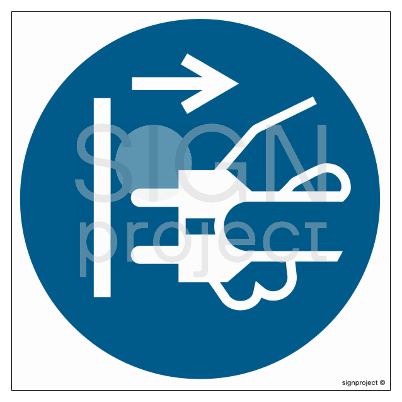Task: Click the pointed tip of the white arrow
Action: click(x=238, y=84)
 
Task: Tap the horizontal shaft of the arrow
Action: click(x=166, y=84)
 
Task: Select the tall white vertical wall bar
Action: click(x=102, y=197)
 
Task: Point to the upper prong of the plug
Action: click(x=155, y=198)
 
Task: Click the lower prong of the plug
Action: click(x=155, y=255)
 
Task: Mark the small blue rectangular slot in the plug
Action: click(x=200, y=226)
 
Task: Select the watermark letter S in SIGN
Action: click(x=103, y=163)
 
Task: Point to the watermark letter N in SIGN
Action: click(x=297, y=163)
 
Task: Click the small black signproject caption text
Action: click(x=360, y=382)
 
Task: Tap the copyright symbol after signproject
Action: click(x=382, y=382)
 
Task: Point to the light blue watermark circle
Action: click(x=153, y=163)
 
